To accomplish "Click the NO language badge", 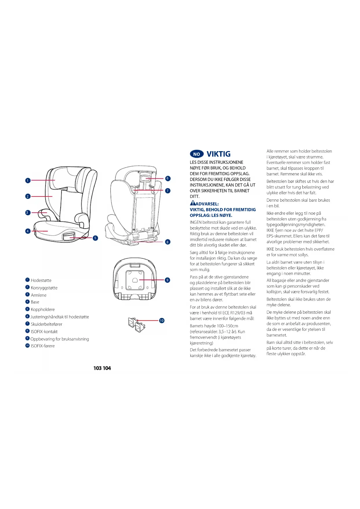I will (197, 154).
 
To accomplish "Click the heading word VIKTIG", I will (218, 154).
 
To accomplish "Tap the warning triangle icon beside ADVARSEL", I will (193, 203).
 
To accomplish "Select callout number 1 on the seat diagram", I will (28, 181).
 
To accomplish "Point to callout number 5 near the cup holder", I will (95, 238).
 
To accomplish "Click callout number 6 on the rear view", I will (168, 178).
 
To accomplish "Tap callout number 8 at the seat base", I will (168, 242).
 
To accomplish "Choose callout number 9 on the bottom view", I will (167, 280).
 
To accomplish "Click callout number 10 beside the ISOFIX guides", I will (162, 321).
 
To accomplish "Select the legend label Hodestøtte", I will (41, 280).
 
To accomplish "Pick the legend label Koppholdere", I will (43, 309).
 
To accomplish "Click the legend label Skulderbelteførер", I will (46, 324).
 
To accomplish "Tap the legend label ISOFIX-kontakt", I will (44, 331).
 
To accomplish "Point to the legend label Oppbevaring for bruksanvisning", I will (60, 339).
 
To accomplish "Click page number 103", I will (97, 368).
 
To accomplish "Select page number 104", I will (107, 368).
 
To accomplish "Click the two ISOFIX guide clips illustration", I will (136, 325).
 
